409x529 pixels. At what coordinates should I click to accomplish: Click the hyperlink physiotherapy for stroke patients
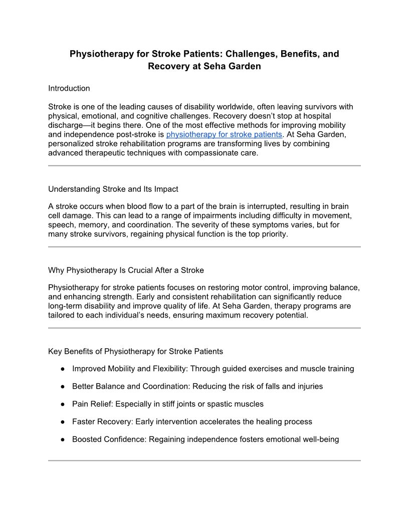[224, 134]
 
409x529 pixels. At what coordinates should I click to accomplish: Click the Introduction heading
[69, 88]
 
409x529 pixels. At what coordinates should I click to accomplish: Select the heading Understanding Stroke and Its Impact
[113, 189]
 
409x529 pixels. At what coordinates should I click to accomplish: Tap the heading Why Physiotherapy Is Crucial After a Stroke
[126, 270]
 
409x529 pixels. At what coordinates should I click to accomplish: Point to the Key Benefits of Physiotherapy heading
[135, 351]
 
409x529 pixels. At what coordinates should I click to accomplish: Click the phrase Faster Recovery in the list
[102, 422]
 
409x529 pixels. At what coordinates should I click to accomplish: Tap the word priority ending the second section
[273, 234]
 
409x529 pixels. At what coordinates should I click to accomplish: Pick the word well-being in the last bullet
[321, 440]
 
